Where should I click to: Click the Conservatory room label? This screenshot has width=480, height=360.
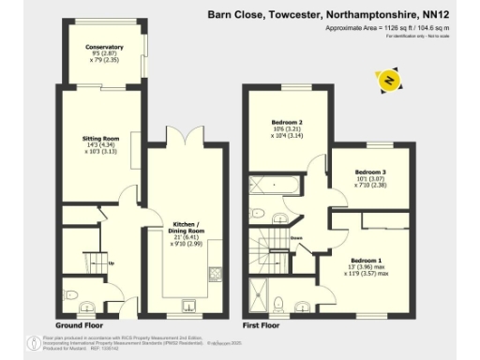point(104,47)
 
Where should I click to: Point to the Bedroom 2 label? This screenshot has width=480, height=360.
point(287,123)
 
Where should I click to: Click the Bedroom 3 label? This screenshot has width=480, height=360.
point(370,172)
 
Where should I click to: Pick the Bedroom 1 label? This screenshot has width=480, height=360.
point(367,259)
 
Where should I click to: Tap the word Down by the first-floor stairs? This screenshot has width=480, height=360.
point(295,239)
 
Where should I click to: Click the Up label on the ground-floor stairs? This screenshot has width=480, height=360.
point(112,262)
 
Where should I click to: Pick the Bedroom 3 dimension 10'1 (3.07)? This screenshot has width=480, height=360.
point(370,179)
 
